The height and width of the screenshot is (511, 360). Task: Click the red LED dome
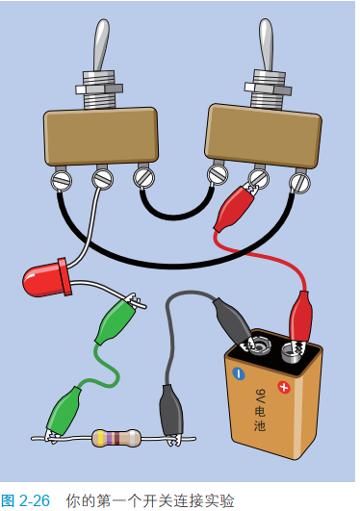(44, 280)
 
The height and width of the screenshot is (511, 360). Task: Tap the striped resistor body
(116, 438)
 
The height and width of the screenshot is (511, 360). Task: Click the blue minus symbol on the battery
(239, 373)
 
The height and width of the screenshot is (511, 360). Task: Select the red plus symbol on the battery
(284, 387)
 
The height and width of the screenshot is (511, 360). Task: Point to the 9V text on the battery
(261, 396)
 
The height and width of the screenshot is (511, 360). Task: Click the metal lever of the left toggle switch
(101, 45)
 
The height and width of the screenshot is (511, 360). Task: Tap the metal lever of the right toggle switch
(267, 45)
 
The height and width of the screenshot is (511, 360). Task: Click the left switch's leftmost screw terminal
(62, 181)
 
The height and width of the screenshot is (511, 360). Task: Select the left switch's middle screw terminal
(103, 179)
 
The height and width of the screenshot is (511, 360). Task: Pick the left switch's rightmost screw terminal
(143, 177)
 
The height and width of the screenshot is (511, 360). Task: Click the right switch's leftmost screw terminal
(218, 174)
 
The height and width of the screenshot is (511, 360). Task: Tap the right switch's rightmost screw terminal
(299, 183)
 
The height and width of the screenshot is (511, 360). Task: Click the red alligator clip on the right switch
(234, 207)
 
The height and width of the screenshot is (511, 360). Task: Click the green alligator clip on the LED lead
(118, 319)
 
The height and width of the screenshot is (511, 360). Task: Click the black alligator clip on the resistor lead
(171, 415)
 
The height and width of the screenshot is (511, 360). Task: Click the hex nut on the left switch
(99, 89)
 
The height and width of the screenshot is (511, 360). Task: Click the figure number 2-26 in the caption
(35, 500)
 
